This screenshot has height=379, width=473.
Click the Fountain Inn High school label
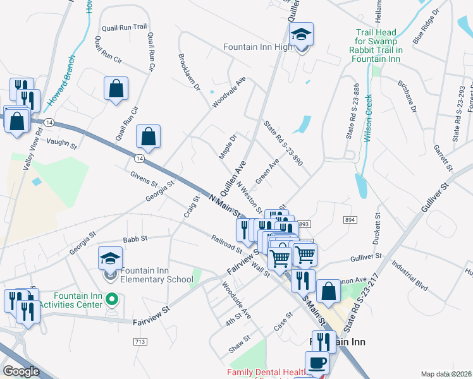[x=257, y=47]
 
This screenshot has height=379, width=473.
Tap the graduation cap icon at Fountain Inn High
[x=302, y=35]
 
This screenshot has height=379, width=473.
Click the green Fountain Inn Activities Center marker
[x=113, y=299]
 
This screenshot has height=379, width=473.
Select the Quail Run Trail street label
[x=125, y=27]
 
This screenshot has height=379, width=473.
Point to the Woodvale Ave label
[x=229, y=92]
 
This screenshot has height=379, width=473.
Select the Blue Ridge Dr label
[x=425, y=25]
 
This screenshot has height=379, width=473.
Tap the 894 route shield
[x=350, y=219]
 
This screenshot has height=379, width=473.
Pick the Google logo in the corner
[x=21, y=371]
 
